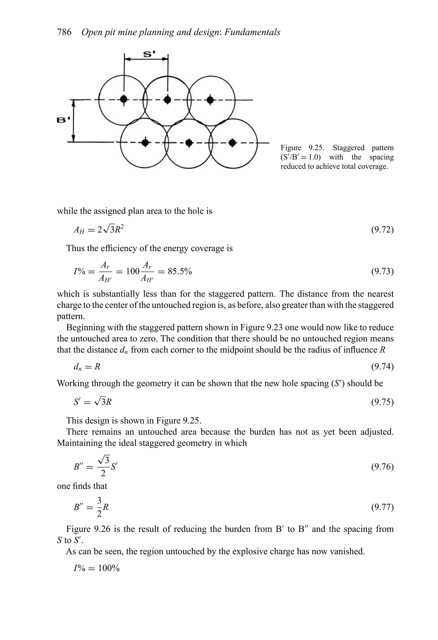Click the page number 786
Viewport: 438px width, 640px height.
point(64,32)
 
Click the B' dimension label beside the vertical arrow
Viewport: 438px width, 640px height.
point(63,120)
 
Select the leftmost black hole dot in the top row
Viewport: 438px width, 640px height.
point(124,99)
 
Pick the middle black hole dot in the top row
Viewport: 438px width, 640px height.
point(167,99)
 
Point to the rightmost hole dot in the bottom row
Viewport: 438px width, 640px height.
point(232,143)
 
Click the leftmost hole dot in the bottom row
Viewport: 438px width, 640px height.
point(145,143)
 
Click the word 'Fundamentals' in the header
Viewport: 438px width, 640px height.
point(252,32)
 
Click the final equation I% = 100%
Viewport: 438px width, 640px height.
point(96,568)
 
